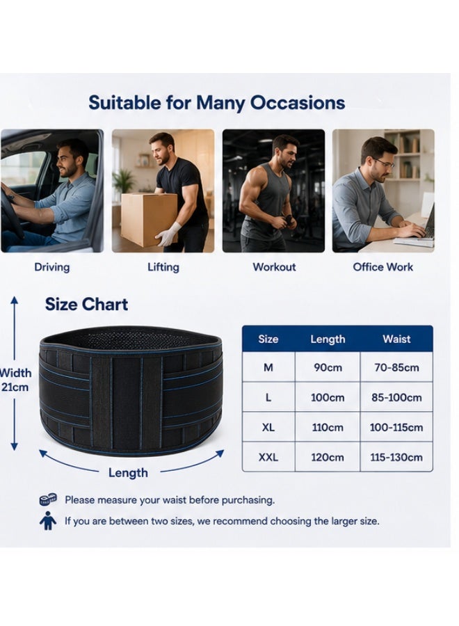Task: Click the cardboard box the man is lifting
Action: click(149, 219)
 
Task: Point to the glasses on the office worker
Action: click(384, 163)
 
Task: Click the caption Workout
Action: click(274, 267)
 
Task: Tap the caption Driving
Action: click(52, 267)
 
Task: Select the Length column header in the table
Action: click(328, 339)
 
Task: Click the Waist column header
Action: click(396, 339)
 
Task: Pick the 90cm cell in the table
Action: click(328, 367)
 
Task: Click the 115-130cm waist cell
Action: click(396, 457)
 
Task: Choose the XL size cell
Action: click(268, 427)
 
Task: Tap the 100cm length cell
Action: click(328, 398)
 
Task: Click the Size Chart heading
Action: click(87, 304)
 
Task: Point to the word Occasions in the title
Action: click(298, 103)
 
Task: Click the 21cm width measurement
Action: click(15, 387)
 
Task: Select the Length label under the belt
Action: click(128, 473)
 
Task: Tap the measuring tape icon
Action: click(48, 499)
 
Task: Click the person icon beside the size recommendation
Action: click(48, 520)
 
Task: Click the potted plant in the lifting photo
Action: click(124, 181)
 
